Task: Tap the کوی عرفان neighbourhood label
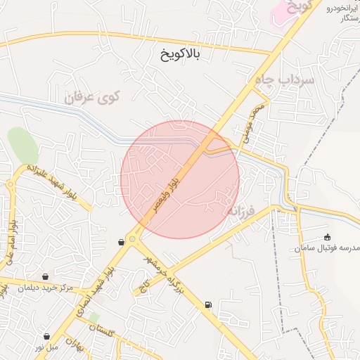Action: [92, 97]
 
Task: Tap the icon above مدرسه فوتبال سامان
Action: [328, 238]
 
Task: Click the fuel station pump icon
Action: [207, 304]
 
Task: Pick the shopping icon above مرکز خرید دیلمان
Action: [46, 276]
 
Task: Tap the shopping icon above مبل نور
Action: [46, 337]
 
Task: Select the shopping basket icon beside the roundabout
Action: [122, 242]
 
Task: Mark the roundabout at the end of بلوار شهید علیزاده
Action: [11, 185]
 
